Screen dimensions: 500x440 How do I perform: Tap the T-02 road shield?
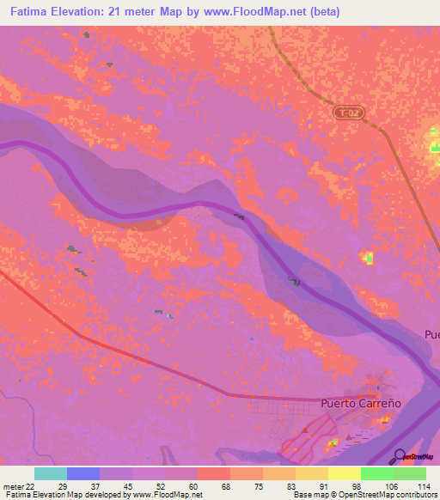point(345,113)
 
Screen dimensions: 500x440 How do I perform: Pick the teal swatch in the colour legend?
point(50,473)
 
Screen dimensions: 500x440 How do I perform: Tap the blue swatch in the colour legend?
point(82,473)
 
